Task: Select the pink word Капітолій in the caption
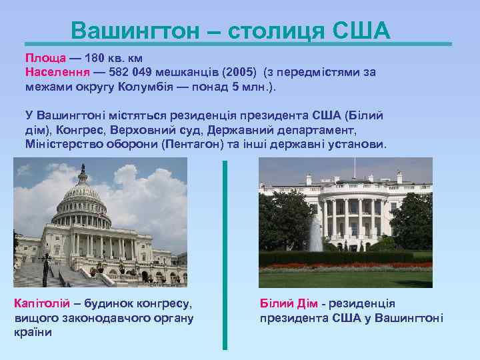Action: click(x=41, y=303)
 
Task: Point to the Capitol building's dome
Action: click(x=82, y=200)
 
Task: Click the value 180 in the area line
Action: click(x=95, y=58)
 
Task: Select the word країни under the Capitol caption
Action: click(x=33, y=333)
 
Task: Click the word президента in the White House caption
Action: click(x=288, y=318)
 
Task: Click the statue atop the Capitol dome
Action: click(x=82, y=168)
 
